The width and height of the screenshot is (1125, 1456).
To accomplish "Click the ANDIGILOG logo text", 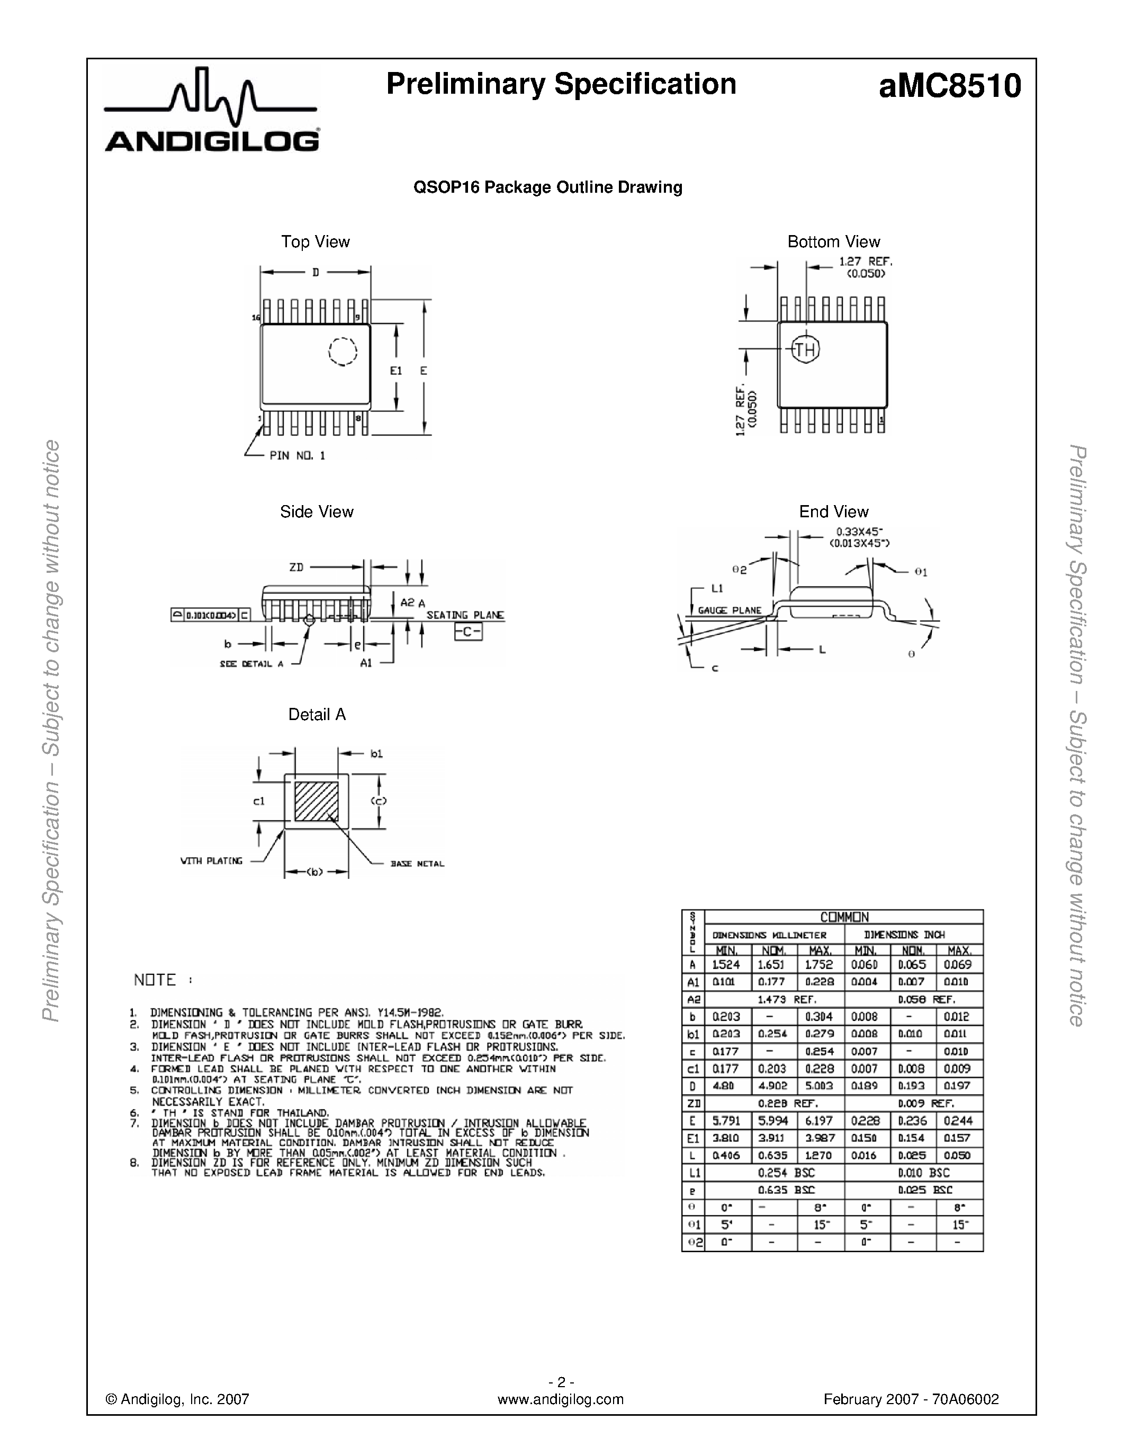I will click(x=211, y=141).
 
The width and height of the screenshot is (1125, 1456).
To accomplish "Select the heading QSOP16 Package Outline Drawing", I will click(x=548, y=187).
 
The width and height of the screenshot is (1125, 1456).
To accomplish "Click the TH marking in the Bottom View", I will click(x=805, y=349).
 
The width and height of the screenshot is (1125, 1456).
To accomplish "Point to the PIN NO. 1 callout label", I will click(x=297, y=456).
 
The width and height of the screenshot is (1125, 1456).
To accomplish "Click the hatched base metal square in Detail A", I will click(x=317, y=801).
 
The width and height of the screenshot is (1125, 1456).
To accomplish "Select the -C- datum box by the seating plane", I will click(x=468, y=631).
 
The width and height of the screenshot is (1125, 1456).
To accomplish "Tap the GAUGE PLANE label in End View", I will click(x=730, y=610).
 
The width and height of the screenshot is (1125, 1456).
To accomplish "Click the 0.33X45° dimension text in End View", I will click(x=860, y=532).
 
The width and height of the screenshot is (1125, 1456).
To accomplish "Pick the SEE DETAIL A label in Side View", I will click(x=251, y=664).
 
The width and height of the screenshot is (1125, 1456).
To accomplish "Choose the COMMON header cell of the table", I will click(x=844, y=918).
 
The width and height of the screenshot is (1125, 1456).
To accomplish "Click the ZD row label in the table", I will click(x=693, y=1103).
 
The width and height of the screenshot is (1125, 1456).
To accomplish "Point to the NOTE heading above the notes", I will click(x=155, y=980).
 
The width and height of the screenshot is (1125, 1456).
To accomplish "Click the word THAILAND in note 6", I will click(x=303, y=1113).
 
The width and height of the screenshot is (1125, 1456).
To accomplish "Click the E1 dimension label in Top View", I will click(x=396, y=371).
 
